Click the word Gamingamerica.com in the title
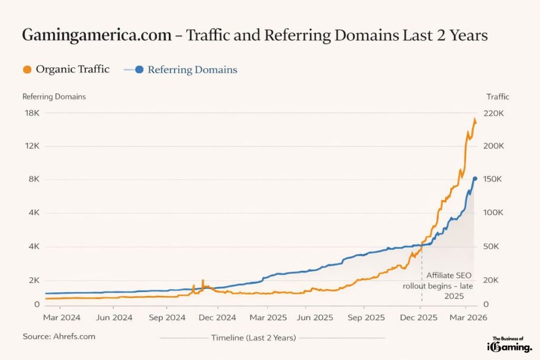tap(97, 35)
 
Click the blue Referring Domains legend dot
tap(139, 70)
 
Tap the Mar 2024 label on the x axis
tap(62, 318)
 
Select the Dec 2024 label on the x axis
tap(218, 318)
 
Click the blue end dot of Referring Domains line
tap(475, 179)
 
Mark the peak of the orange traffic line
tap(475, 120)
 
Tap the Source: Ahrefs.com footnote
tap(59, 336)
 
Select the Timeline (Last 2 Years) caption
tap(253, 337)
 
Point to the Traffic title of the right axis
tap(497, 96)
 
